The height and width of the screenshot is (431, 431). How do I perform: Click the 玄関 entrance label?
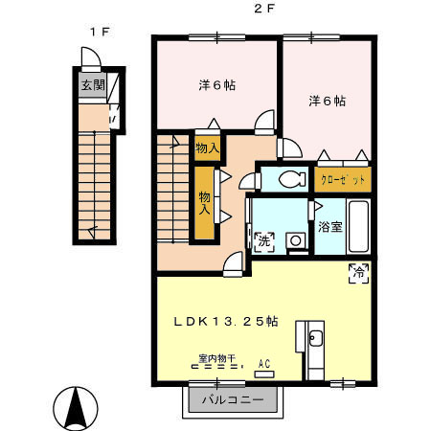(x=93, y=85)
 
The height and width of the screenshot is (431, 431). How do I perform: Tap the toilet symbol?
(x=292, y=179)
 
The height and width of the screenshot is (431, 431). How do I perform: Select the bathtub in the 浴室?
(x=358, y=227)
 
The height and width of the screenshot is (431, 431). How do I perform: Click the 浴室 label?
(x=330, y=227)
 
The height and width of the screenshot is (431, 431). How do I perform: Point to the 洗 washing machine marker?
(x=264, y=241)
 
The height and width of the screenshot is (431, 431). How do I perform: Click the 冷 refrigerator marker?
(x=359, y=273)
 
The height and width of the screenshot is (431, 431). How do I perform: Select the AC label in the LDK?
(x=264, y=364)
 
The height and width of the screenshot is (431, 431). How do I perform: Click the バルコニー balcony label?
(x=233, y=399)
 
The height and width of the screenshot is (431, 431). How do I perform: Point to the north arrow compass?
(x=76, y=408)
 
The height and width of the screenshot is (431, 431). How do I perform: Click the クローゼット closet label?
(x=343, y=180)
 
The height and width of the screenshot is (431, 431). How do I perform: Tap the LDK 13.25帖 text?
(x=226, y=321)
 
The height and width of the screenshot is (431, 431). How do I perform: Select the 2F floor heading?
(x=264, y=9)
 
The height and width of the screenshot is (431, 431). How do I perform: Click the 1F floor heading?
(x=100, y=32)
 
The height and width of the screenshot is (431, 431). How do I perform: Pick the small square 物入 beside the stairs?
(x=207, y=148)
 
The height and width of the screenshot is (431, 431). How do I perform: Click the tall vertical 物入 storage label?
(x=205, y=203)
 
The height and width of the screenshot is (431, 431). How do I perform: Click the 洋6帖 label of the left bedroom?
(x=217, y=85)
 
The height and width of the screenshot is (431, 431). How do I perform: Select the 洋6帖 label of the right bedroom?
(x=328, y=101)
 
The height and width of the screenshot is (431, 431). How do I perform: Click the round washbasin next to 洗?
(x=296, y=240)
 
